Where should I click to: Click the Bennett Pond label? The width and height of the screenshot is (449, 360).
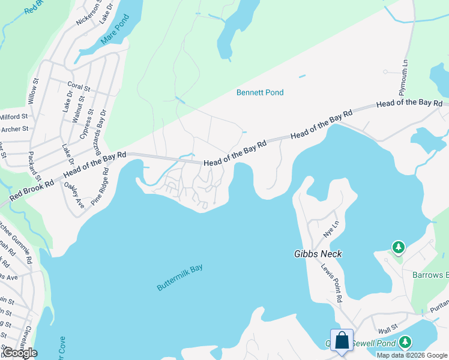[259, 92]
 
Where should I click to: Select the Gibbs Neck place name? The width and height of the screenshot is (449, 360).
[318, 254]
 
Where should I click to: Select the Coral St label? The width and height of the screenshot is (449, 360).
[79, 88]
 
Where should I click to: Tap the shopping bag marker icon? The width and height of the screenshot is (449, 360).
[342, 340]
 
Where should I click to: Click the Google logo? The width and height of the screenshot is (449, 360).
[20, 352]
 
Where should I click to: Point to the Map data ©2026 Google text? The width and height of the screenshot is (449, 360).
[412, 355]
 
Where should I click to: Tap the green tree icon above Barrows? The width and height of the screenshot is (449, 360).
[397, 247]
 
